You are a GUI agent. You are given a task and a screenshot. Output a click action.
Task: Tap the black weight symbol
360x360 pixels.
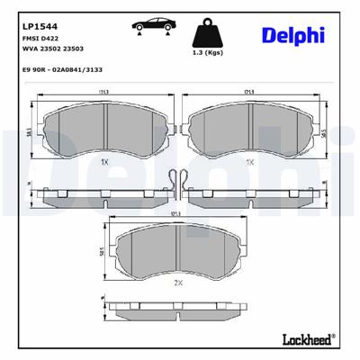pos(209,34)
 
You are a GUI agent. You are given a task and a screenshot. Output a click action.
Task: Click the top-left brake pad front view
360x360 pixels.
pos(105,133)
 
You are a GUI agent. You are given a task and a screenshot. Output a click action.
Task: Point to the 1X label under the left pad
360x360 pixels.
pos(104,161)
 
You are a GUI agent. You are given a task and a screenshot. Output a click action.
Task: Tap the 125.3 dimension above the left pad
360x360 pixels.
pos(105,92)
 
